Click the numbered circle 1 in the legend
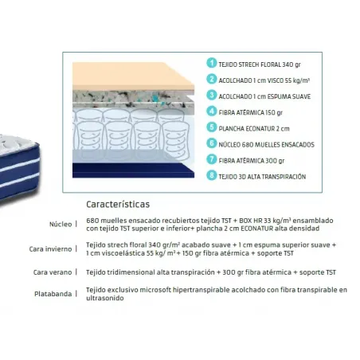point(212,63)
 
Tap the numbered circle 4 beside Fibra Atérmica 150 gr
point(212,111)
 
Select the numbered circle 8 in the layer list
point(212,175)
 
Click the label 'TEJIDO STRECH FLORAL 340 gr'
point(260,65)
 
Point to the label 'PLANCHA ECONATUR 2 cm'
point(254,129)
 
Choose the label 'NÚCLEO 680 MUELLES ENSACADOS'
point(267,145)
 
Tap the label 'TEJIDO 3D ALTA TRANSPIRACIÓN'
point(262,177)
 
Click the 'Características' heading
point(118,204)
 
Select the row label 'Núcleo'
point(61,225)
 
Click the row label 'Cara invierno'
point(50,249)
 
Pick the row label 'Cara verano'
point(53,272)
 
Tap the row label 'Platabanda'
point(53,294)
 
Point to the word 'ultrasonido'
point(105,298)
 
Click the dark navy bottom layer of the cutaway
point(133,170)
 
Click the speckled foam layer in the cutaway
point(133,98)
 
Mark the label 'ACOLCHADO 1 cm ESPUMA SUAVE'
point(264,96)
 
